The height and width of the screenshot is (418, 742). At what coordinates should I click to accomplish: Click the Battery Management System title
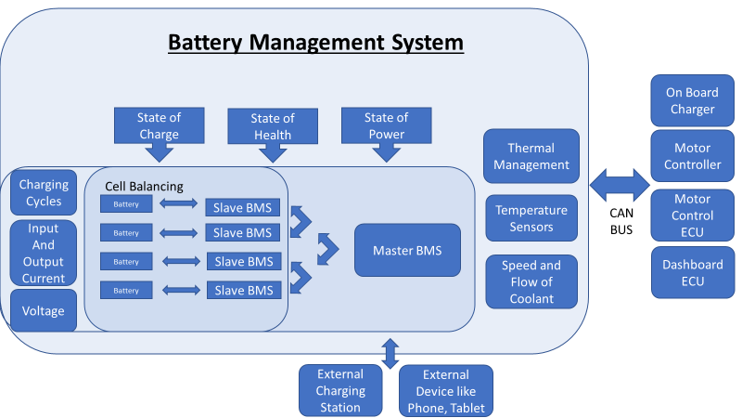pos(315,43)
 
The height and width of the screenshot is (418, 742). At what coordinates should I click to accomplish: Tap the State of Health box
pos(272,126)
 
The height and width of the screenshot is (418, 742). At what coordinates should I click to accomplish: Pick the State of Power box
pos(385,125)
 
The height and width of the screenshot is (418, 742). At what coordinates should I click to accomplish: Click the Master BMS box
pos(406,250)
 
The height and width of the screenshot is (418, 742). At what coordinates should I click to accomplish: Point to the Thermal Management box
pos(531,156)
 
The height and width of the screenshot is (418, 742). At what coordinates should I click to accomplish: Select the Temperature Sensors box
pos(531,218)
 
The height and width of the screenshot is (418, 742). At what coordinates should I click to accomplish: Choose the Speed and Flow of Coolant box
pos(531,281)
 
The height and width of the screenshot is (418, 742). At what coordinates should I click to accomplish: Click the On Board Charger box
pos(691,100)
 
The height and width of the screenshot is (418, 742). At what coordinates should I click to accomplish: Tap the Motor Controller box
pos(691,156)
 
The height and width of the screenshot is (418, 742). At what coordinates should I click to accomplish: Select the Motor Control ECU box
pos(691,215)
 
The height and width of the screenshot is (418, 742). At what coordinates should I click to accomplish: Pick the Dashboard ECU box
pos(691,272)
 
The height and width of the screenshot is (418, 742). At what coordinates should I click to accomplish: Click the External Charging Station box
pos(340,390)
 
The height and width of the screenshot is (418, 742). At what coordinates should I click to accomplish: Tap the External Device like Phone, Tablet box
pos(446,390)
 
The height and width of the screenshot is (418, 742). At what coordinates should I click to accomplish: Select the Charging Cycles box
pos(44,193)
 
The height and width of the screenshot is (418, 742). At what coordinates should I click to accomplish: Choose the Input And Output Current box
pos(44,253)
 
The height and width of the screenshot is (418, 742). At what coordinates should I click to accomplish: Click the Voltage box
pos(44,311)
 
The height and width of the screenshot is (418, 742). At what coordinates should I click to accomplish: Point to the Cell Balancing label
pos(144,186)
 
